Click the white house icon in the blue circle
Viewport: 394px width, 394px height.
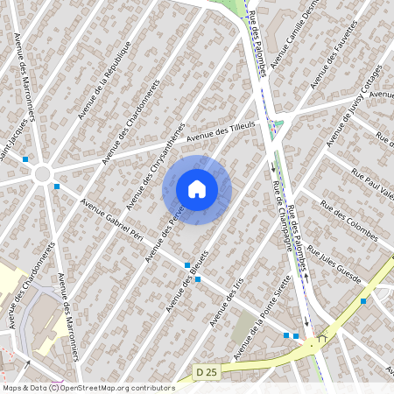point(197,189)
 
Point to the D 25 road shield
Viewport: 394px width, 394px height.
point(206,372)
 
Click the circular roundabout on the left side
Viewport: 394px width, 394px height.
point(41,174)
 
